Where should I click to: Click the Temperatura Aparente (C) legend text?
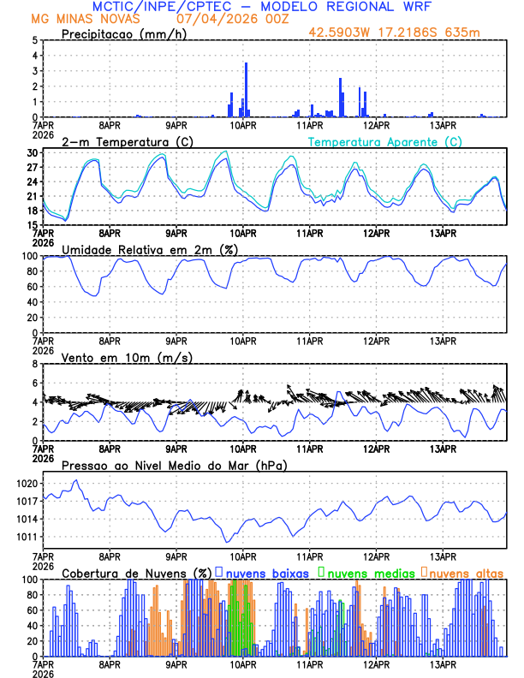pyautogui.click(x=384, y=141)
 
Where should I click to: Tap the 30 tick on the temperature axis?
pyautogui.click(x=32, y=153)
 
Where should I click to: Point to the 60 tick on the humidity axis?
pyautogui.click(x=32, y=287)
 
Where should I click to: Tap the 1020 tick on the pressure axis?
pyautogui.click(x=27, y=484)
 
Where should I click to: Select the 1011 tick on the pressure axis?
pyautogui.click(x=27, y=537)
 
